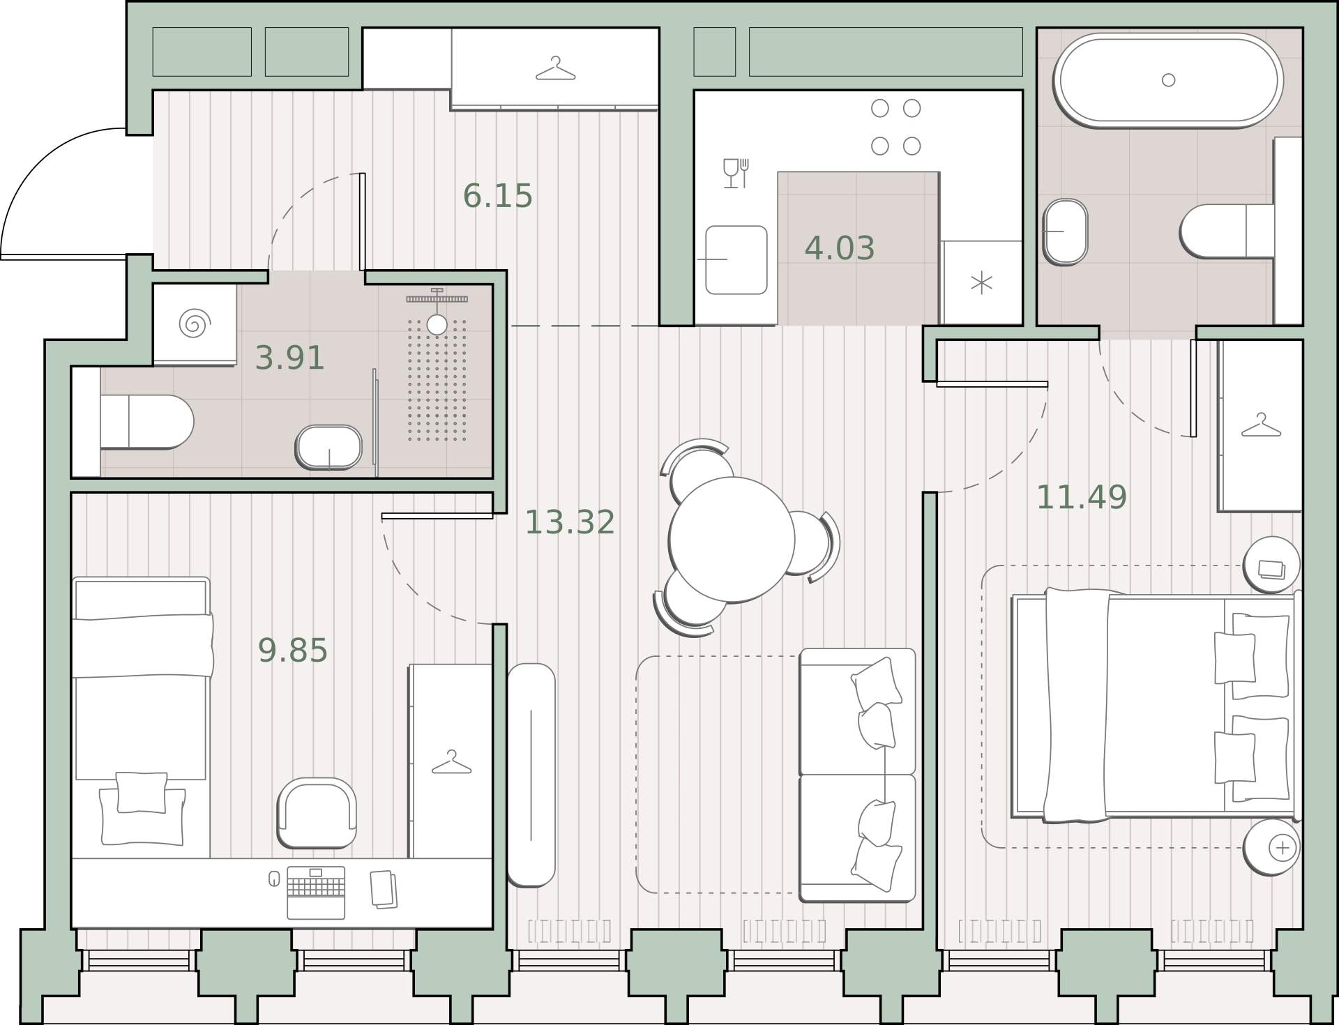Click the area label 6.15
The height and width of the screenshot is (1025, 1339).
coord(498,196)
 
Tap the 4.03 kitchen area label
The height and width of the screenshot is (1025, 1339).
coord(840,248)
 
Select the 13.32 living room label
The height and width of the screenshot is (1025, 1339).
coord(570,522)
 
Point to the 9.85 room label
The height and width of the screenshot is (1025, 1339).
coord(293,651)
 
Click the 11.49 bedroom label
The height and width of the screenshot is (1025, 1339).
coord(1082,497)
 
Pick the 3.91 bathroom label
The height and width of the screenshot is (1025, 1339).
coord(289,358)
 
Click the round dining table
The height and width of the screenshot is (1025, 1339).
coord(732,539)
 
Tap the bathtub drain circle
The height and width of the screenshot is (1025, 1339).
coord(1169,80)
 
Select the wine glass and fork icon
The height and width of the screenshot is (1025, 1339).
coord(736,173)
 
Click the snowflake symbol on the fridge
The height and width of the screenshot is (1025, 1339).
coord(982,283)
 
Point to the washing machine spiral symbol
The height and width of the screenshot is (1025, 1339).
coord(195,324)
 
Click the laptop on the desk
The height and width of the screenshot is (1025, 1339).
coord(316,893)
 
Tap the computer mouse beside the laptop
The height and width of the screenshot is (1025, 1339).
coord(274,879)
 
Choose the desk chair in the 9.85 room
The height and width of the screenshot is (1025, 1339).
coord(317,812)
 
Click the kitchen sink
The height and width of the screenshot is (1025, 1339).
coord(736,259)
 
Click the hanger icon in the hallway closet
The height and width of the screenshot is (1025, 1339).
coord(555,68)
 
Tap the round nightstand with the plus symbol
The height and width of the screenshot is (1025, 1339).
coord(1271,847)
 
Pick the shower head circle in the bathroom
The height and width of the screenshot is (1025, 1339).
coord(437,324)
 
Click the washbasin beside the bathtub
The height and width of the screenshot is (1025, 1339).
coord(1065,231)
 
